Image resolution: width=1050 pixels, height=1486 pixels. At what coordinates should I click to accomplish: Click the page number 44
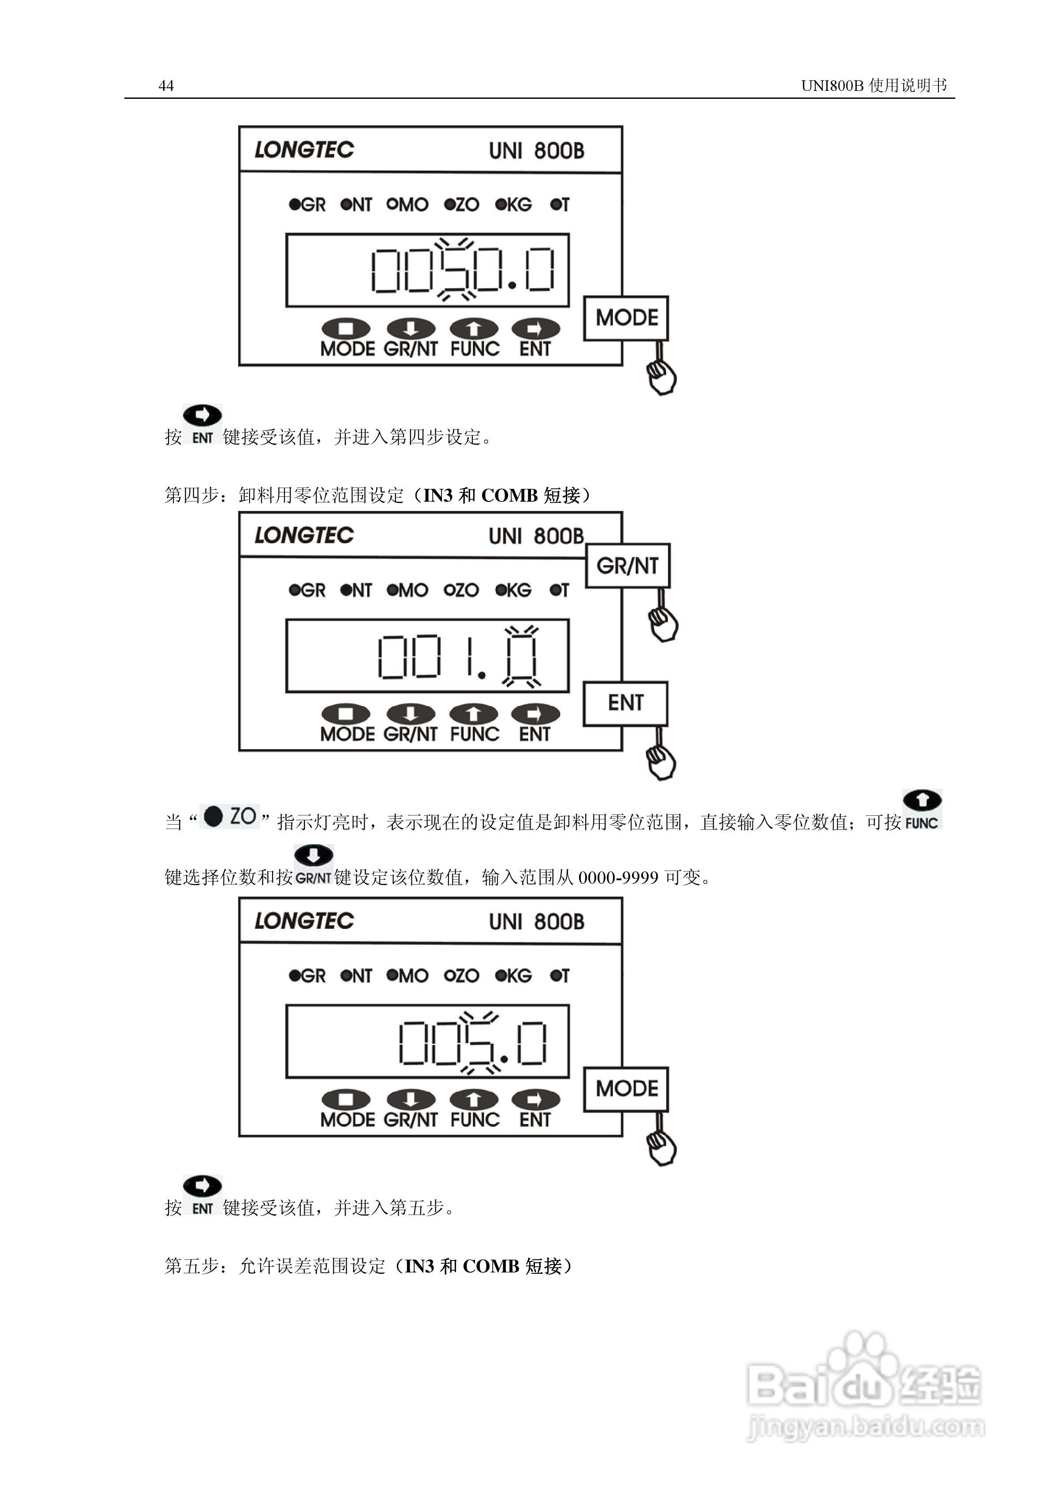166,86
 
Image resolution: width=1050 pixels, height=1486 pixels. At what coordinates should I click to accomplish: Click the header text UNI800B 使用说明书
873,86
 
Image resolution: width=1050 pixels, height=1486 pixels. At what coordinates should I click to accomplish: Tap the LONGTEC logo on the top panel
304,150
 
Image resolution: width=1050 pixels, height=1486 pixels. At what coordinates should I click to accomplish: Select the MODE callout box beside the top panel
626,318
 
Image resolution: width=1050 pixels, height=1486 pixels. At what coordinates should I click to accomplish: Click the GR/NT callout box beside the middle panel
627,566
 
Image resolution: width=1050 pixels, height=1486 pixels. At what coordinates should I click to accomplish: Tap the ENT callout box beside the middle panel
625,703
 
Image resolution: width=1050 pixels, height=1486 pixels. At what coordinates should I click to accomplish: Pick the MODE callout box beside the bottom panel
626,1088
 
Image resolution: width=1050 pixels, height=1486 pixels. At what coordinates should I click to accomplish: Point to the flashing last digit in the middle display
521,656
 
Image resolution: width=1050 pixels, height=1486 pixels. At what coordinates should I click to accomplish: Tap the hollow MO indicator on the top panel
407,205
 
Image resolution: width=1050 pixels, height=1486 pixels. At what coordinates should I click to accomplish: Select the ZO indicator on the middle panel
461,590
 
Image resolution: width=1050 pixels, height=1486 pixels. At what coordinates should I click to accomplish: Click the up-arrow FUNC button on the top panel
474,329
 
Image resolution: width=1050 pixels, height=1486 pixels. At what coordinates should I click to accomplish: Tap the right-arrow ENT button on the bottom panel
535,1099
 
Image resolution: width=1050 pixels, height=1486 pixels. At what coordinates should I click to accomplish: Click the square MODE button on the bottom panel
346,1099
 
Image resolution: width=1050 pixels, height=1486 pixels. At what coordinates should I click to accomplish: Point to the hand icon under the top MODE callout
661,376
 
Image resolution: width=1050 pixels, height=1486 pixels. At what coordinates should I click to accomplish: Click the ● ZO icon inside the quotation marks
230,816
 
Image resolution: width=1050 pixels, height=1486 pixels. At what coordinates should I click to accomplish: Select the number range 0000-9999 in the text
618,878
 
